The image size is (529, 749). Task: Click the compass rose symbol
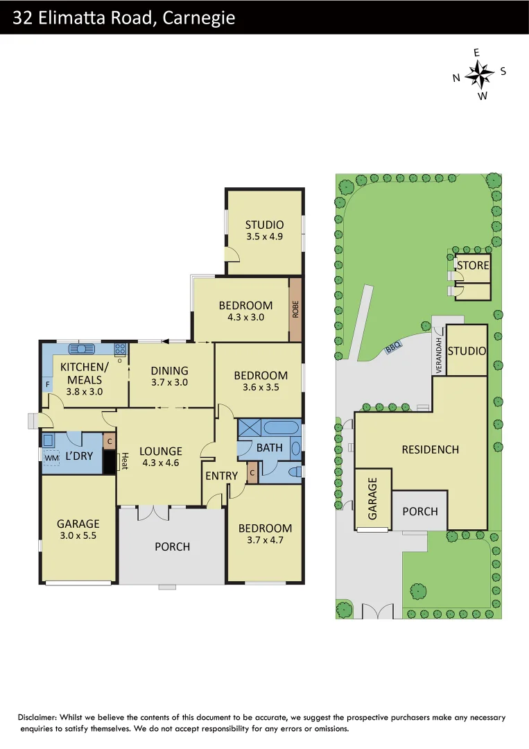coord(479,73)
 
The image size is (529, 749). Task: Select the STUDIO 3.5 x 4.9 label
coord(264,230)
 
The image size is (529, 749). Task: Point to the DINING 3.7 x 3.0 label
coord(169,376)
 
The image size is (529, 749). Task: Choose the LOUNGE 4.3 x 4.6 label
coord(161,456)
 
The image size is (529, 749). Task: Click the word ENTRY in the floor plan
coord(221,476)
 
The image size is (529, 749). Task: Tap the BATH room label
coord(269,447)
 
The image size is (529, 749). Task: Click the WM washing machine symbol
coord(51,458)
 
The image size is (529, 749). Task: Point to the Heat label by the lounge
coord(125,461)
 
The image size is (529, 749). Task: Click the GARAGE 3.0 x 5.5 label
coord(78,530)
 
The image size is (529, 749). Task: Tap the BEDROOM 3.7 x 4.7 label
coord(265,534)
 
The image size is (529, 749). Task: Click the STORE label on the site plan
coord(473,266)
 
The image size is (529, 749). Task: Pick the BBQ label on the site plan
coord(393,350)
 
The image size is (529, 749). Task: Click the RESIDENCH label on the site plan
coord(430,449)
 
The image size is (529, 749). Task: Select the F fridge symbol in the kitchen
coord(48,384)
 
